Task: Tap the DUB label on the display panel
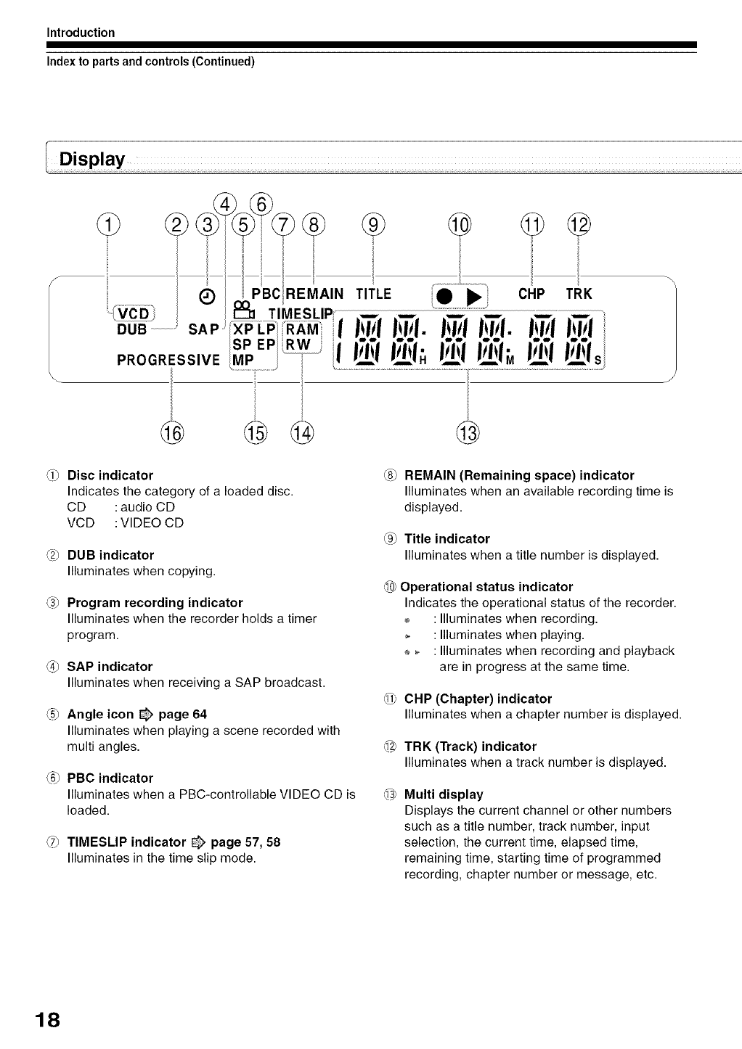(131, 329)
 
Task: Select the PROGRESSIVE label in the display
(168, 360)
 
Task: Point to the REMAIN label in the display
(313, 294)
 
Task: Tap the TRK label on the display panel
(579, 294)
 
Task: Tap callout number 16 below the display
(172, 432)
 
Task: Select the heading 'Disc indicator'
(110, 476)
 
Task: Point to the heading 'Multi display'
(443, 794)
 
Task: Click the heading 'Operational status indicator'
(486, 587)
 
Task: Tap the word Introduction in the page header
(81, 33)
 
